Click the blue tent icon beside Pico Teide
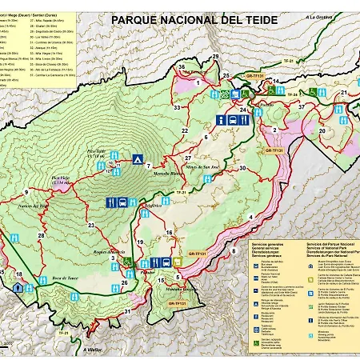137,158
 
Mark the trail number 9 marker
26,193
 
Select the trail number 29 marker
214,57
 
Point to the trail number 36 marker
182,67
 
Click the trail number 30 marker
242,168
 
